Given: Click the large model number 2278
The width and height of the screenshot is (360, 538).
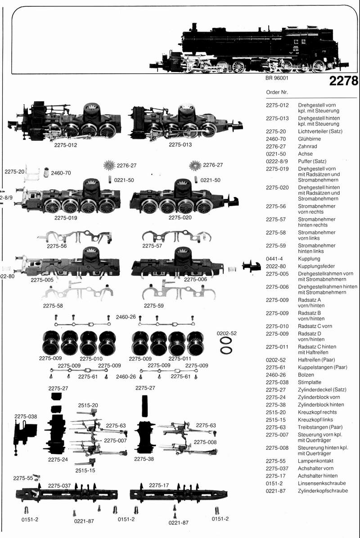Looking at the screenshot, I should [x=343, y=81].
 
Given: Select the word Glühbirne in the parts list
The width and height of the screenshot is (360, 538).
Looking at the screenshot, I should [x=309, y=139].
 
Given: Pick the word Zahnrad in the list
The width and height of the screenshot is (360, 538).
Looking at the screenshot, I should [x=308, y=147].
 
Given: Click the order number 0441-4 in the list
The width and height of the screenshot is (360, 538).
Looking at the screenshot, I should [x=274, y=259].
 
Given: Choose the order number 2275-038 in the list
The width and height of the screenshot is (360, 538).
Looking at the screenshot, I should [x=277, y=382].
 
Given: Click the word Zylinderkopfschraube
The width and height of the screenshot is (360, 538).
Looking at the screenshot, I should [x=323, y=491].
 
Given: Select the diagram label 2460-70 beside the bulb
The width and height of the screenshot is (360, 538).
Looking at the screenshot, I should [x=61, y=173].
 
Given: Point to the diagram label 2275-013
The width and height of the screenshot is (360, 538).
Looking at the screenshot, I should [x=180, y=145].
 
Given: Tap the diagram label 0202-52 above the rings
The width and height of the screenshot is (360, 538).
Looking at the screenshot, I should [x=227, y=333].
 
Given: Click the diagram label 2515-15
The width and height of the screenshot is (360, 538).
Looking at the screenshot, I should [x=85, y=470].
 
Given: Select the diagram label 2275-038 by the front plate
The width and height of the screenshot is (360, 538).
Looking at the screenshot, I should [x=26, y=416].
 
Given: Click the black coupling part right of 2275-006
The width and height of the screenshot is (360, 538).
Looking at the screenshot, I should [x=251, y=266].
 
